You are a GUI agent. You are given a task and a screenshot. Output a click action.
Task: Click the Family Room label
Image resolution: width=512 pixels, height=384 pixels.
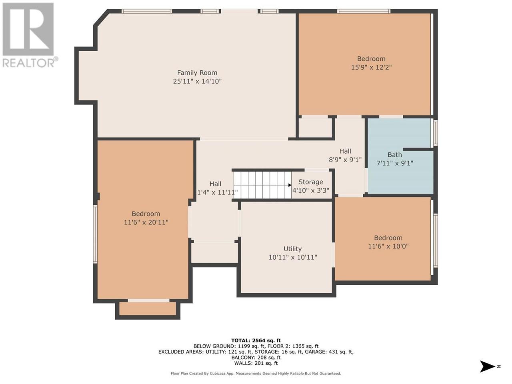tap(197, 73)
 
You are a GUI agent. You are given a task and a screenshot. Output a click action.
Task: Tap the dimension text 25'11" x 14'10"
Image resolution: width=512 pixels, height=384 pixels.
tap(197, 81)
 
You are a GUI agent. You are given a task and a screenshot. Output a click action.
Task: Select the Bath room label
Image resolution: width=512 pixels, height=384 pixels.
tap(395, 155)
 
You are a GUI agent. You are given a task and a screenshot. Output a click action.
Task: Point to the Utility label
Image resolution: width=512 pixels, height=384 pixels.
tap(292, 249)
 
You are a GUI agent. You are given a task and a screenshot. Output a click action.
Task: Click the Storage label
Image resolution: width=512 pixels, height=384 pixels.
tap(311, 182)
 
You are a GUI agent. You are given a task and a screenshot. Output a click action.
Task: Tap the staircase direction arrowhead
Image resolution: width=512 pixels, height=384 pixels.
tap(290, 185)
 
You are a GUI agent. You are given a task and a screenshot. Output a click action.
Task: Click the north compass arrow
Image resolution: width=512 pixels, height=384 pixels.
tap(488, 366)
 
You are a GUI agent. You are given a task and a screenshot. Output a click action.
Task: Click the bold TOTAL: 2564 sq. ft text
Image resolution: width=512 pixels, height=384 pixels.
tap(256, 340)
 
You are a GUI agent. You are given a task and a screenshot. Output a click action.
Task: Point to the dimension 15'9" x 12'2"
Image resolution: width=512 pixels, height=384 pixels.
tap(371, 67)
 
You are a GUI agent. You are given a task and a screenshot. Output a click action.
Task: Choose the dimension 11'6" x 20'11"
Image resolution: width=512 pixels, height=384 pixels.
tap(146, 222)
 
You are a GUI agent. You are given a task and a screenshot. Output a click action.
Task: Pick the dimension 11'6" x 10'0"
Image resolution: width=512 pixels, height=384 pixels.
tap(388, 246)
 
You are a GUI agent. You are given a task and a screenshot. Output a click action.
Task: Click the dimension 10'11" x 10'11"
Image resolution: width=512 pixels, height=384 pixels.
tap(293, 257)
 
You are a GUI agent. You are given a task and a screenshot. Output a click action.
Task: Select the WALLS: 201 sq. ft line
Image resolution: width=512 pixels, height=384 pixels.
tap(256, 363)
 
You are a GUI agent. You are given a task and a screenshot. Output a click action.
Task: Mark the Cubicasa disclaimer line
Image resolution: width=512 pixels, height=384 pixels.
tap(256, 374)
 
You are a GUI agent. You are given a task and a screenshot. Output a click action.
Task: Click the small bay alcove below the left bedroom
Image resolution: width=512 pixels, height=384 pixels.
tap(148, 309)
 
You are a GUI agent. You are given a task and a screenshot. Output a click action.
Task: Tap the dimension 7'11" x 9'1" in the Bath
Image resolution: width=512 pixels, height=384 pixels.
tap(395, 163)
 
